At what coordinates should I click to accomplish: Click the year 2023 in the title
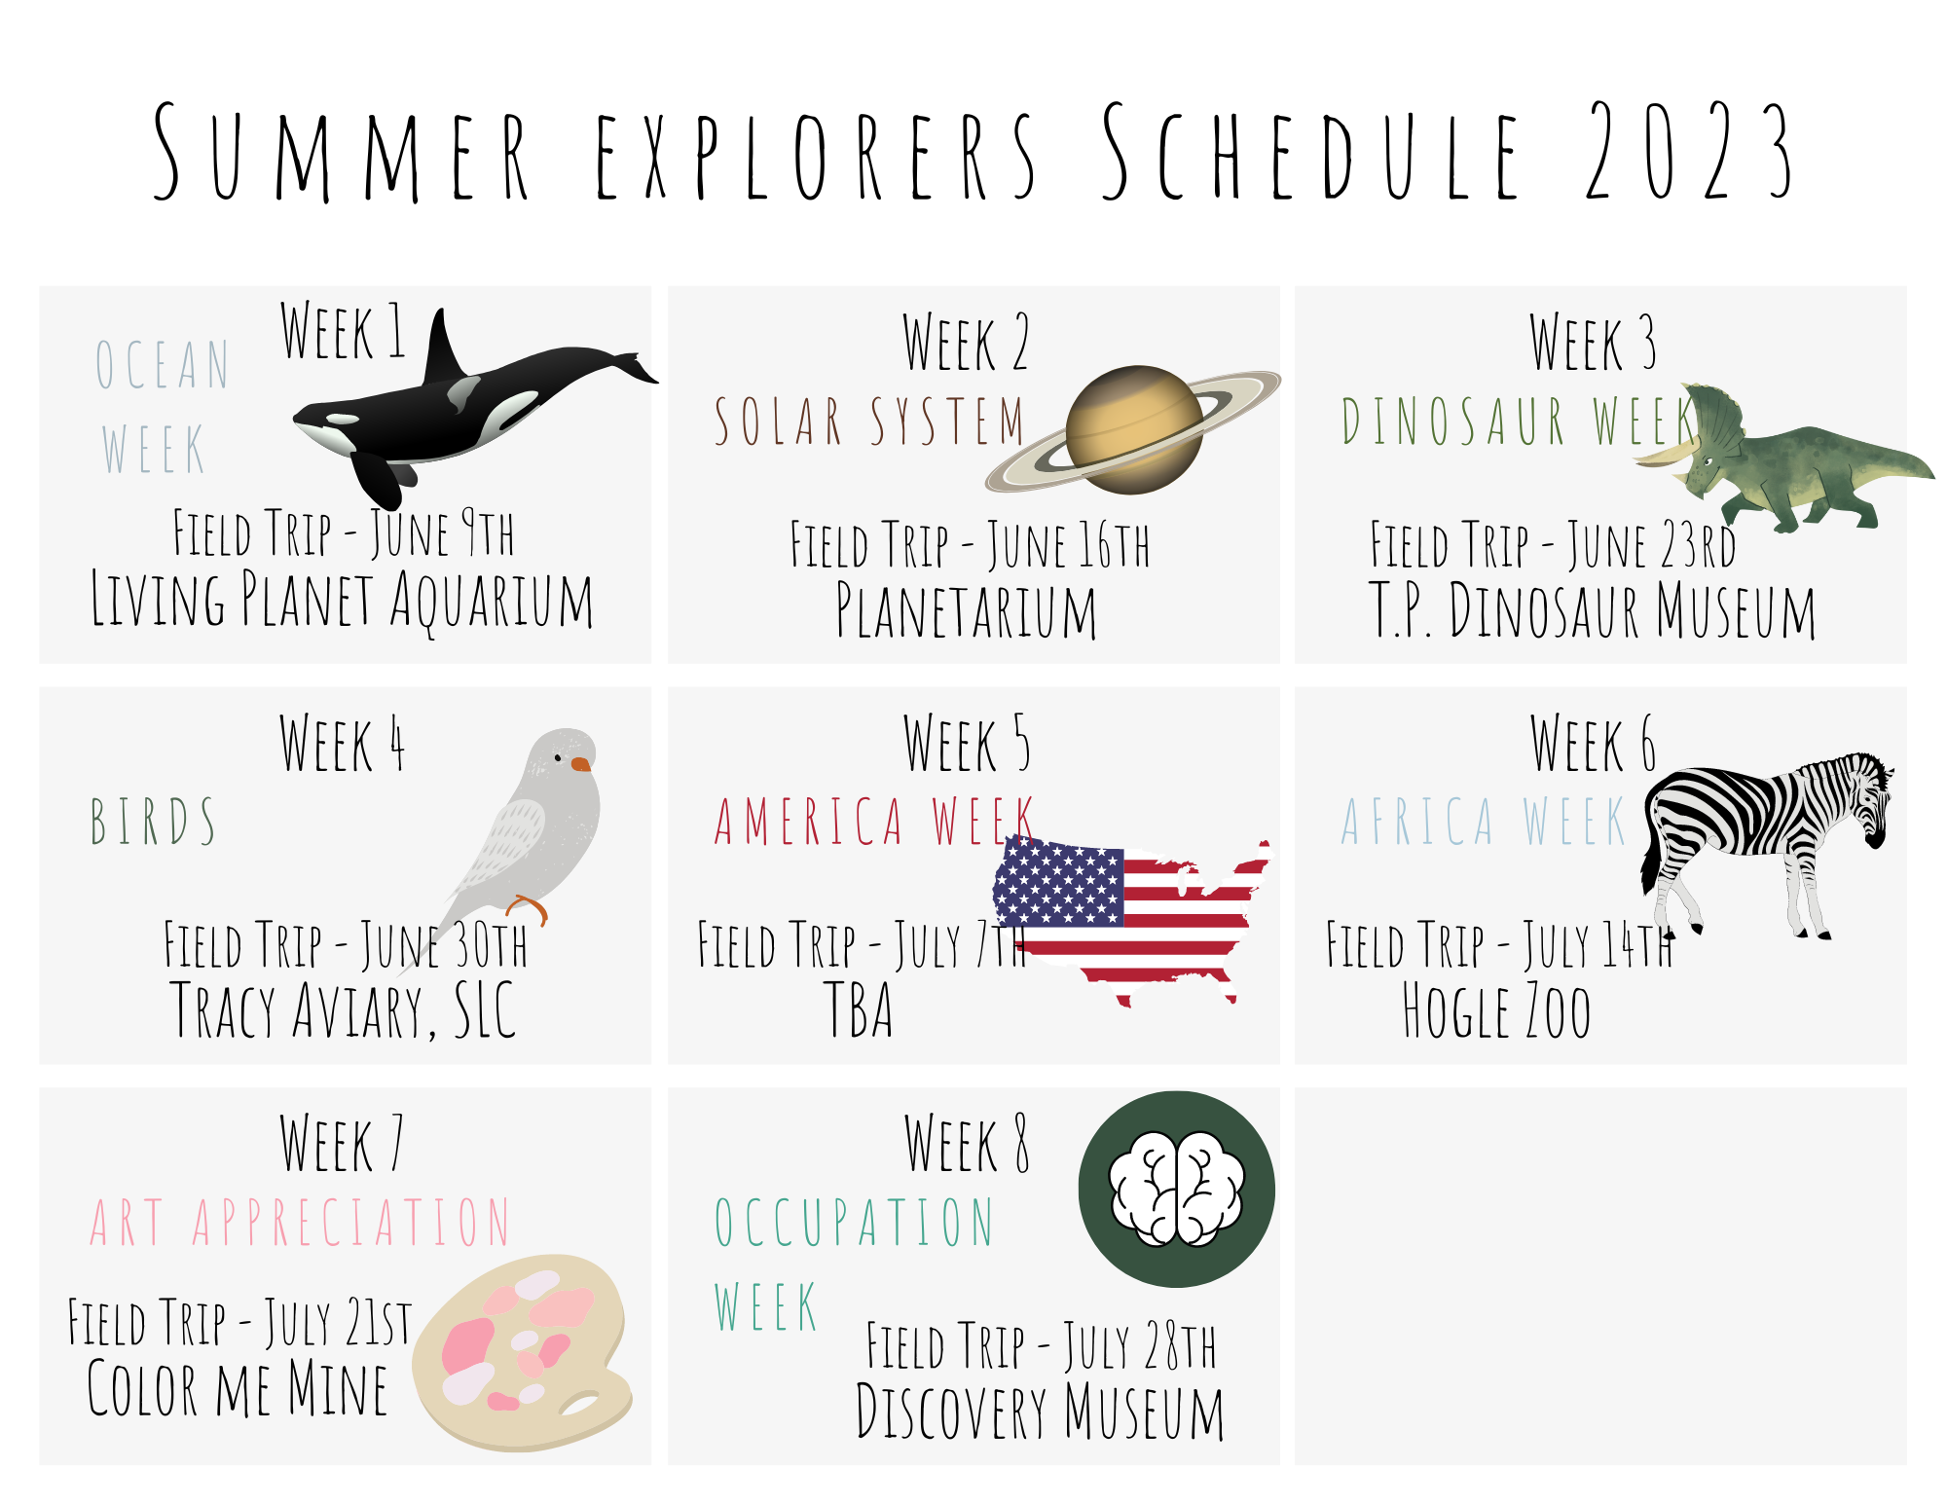pos(1688,151)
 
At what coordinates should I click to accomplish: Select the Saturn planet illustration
pos(1133,429)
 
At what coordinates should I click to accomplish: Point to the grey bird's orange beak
pos(580,764)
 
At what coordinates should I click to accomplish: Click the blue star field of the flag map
pos(1058,882)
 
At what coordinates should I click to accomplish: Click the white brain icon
pos(1177,1189)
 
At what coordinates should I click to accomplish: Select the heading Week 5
pos(966,744)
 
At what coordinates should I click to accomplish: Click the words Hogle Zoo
pos(1496,1011)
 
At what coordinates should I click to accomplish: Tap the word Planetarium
pos(966,610)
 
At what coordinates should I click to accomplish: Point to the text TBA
pos(858,1009)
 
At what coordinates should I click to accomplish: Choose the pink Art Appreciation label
pos(300,1222)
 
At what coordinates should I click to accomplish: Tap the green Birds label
pos(153,821)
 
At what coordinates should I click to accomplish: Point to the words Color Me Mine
pos(238,1388)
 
